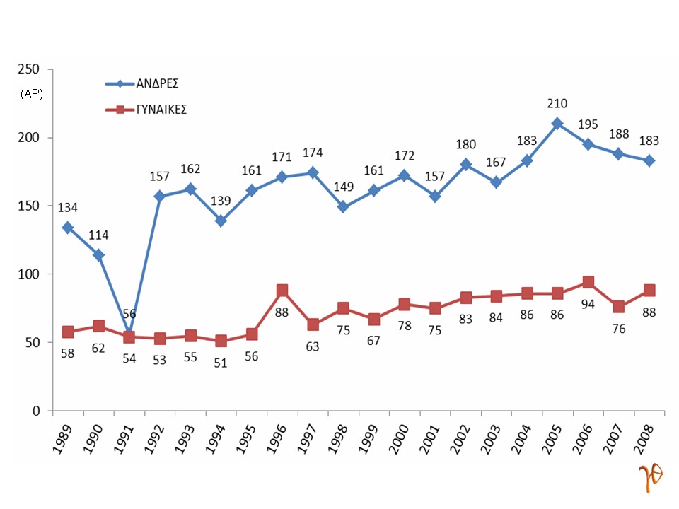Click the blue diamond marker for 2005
pos(557,124)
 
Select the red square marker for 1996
pos(282,290)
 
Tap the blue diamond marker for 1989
pos(68,228)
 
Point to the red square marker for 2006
pos(588,282)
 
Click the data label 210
pos(557,104)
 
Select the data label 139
pos(221,201)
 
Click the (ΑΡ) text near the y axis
pos(32,94)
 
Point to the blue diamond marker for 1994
pos(221,221)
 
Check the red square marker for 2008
pos(649,291)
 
